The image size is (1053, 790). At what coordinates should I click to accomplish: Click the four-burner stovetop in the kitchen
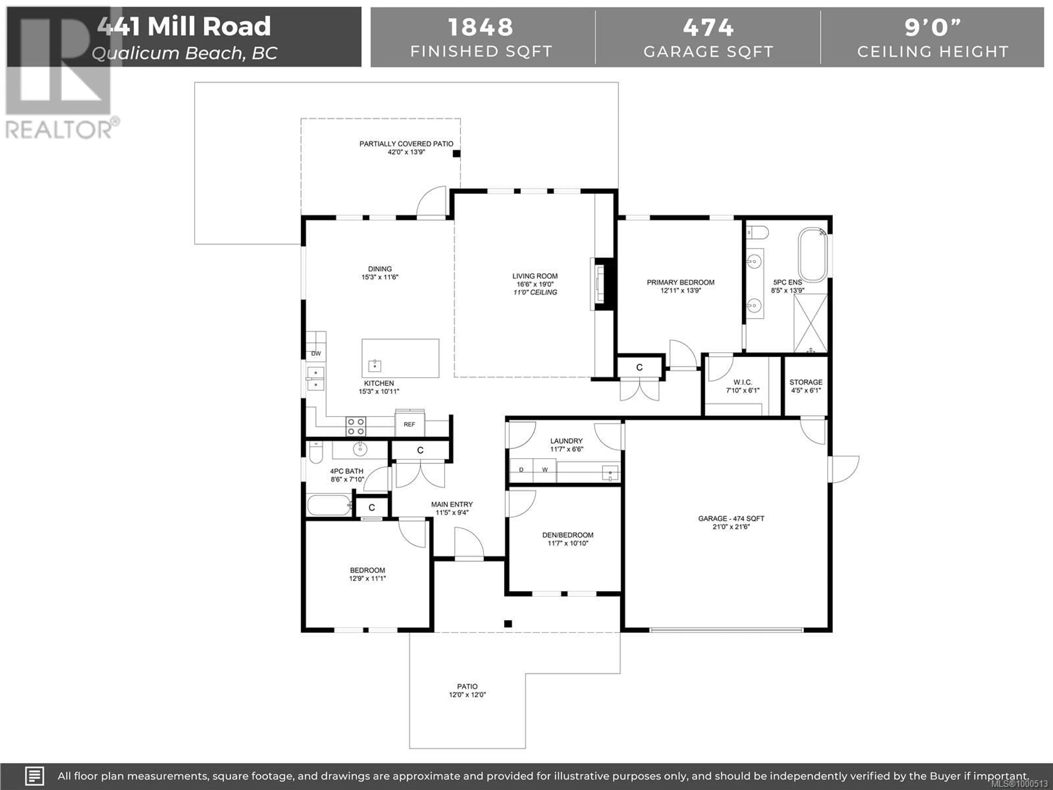tap(356, 426)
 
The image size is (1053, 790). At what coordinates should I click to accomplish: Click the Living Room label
tap(535, 276)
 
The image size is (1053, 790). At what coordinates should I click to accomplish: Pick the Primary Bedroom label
tap(681, 282)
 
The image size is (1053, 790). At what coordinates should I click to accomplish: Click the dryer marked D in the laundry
tap(521, 470)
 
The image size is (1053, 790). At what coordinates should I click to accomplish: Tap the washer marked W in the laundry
tap(545, 470)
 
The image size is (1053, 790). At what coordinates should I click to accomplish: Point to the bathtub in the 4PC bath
tap(329, 505)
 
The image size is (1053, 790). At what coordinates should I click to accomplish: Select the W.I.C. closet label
tap(743, 382)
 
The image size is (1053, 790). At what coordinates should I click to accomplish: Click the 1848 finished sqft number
tap(481, 27)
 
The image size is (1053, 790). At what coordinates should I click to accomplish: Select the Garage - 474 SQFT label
tap(731, 518)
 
